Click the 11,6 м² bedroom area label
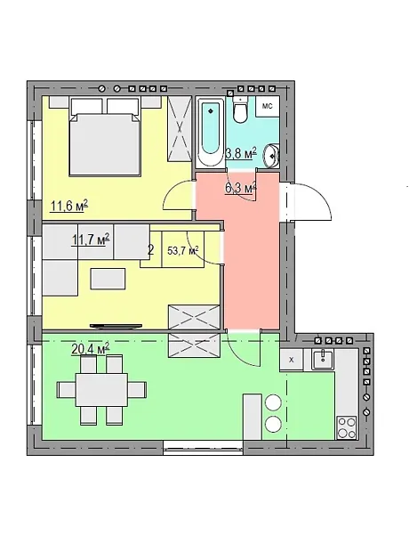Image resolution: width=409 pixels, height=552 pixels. (x=69, y=206)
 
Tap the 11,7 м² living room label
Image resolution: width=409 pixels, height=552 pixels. (x=91, y=239)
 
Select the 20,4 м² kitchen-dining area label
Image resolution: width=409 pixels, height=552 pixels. (x=91, y=349)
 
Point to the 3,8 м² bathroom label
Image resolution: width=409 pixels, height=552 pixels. (x=241, y=153)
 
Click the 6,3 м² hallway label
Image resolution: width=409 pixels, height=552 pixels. (x=241, y=188)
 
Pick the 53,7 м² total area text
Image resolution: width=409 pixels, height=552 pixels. (x=183, y=251)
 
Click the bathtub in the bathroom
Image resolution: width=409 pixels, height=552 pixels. (x=211, y=132)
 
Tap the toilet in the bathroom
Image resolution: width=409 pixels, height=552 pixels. (x=241, y=110)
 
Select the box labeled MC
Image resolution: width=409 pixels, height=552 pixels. (x=268, y=106)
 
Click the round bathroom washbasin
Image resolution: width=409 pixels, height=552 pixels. (x=272, y=154)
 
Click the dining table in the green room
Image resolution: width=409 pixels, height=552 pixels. (x=102, y=390)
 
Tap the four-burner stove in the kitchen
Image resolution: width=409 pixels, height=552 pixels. (x=347, y=427)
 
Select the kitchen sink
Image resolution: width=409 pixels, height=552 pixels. (x=323, y=359)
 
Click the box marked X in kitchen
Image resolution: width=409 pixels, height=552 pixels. (x=291, y=360)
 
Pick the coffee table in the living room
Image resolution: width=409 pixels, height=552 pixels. (x=108, y=279)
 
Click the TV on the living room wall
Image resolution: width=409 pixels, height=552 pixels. (x=116, y=327)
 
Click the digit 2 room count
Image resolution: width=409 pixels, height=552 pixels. (x=151, y=250)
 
